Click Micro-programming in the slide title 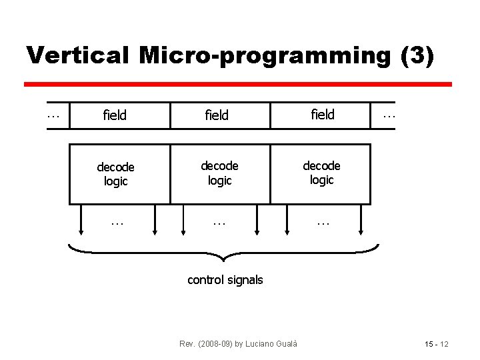pos(263,57)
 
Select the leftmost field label pos(115,115)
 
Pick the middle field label pos(217,115)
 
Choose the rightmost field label pos(323,115)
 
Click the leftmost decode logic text pos(116,174)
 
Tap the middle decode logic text pos(219,173)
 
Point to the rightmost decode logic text pos(322,173)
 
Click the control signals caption pos(225,280)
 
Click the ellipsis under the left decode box pos(117,222)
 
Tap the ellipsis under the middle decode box pos(219,222)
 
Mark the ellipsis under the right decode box pos(323,222)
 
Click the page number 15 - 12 pos(437,344)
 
